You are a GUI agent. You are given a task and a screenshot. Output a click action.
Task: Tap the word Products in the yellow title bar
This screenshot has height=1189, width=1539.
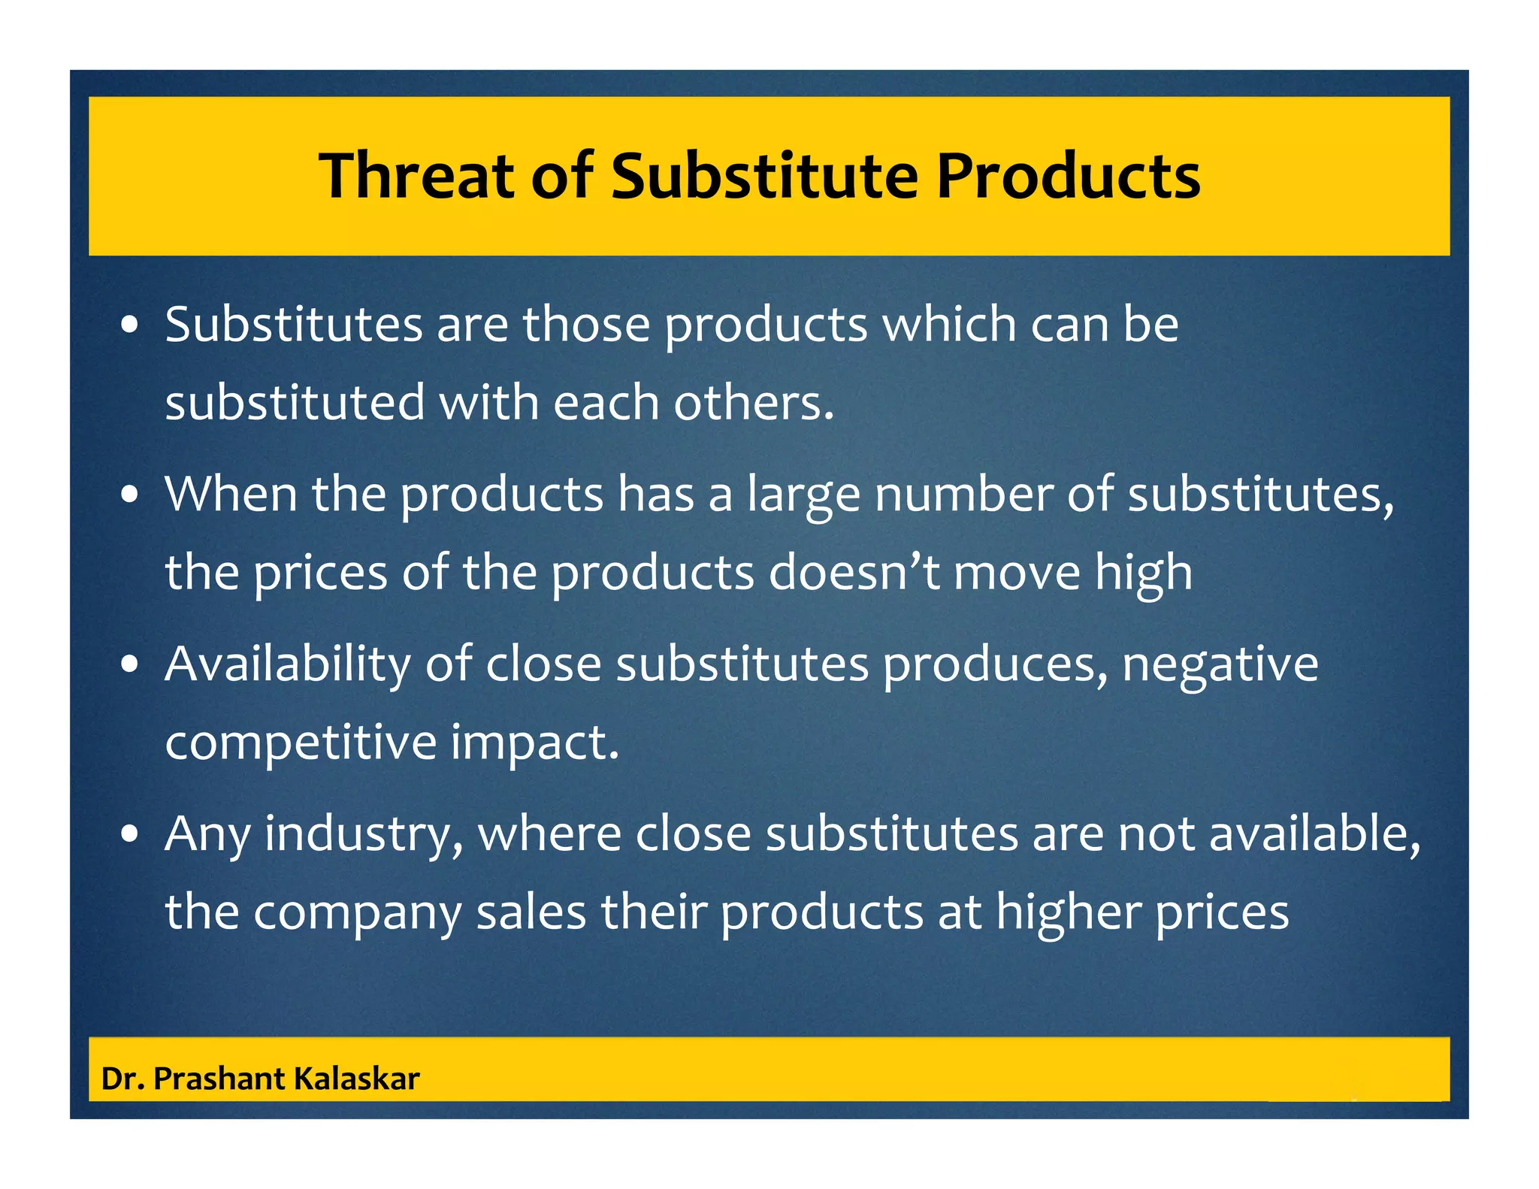pyautogui.click(x=1067, y=176)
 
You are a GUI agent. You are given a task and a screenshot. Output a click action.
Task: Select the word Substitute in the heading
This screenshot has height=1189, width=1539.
pyautogui.click(x=764, y=176)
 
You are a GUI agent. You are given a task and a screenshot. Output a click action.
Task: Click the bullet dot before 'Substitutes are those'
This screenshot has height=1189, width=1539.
pyautogui.click(x=131, y=326)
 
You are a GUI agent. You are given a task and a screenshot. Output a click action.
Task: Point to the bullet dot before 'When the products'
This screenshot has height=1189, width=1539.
pyautogui.click(x=131, y=495)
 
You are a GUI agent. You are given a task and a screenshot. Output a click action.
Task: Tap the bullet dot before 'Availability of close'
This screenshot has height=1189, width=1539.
pyautogui.click(x=131, y=665)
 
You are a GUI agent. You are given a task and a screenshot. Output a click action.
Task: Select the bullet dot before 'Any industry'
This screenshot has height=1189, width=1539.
pyautogui.click(x=131, y=834)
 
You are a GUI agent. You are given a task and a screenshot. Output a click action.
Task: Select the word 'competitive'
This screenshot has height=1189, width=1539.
pyautogui.click(x=301, y=743)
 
